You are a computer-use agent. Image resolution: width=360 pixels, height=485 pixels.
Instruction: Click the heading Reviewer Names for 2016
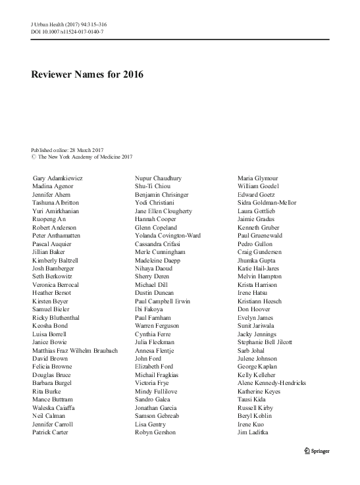87,74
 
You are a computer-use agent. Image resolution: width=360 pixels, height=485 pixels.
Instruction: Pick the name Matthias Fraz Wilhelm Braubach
75,350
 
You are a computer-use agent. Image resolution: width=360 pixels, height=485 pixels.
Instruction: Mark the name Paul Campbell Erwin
162,301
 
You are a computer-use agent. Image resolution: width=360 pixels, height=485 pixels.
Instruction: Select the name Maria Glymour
257,178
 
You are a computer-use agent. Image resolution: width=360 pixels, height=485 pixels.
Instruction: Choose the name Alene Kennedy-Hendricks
271,383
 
